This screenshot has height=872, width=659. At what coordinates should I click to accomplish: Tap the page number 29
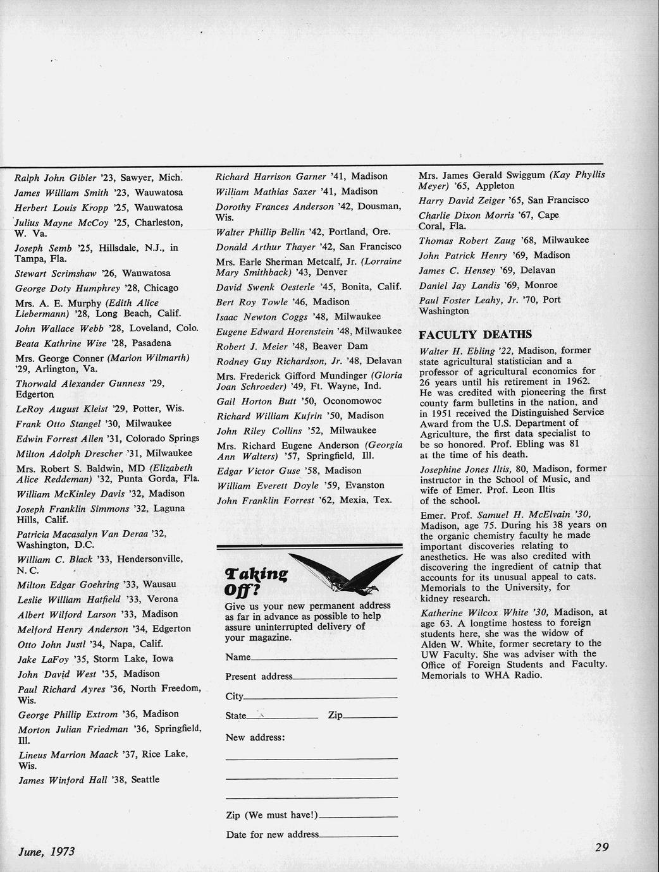[601, 847]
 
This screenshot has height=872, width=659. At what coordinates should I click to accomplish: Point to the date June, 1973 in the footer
[47, 851]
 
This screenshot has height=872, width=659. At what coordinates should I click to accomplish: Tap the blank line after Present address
[345, 679]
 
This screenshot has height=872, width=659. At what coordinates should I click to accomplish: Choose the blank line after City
[320, 698]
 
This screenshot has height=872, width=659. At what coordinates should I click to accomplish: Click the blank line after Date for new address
[359, 836]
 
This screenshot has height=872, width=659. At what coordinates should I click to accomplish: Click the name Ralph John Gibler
[55, 178]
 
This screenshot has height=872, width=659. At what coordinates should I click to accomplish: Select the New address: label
[255, 738]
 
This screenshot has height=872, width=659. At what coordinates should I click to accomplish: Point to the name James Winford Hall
[62, 780]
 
